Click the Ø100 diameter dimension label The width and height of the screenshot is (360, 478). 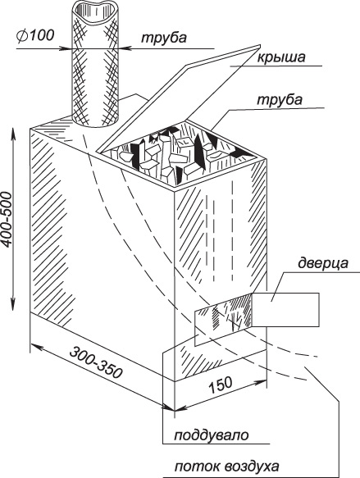pos(36,36)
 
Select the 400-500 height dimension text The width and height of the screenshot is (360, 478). pos(7,219)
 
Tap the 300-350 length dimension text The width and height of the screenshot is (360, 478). pos(96,362)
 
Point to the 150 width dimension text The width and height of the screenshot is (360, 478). pos(221,386)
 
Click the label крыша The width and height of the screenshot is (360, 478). pos(280,57)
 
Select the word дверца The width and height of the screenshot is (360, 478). pos(322,263)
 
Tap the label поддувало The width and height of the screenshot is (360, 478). pos(212,435)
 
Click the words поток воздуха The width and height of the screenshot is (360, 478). pos(226,466)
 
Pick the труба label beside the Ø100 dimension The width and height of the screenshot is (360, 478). pos(164,38)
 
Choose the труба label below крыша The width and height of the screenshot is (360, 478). pos(280,100)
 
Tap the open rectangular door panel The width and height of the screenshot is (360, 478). pos(285,310)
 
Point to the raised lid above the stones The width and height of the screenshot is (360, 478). pos(180,98)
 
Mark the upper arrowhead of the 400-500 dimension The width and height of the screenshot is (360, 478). pos(13,133)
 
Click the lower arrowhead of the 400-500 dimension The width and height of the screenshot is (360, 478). pos(13,305)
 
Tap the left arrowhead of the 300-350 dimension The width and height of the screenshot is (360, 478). pos(35,346)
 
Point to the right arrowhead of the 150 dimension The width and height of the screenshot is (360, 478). pos(262,381)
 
